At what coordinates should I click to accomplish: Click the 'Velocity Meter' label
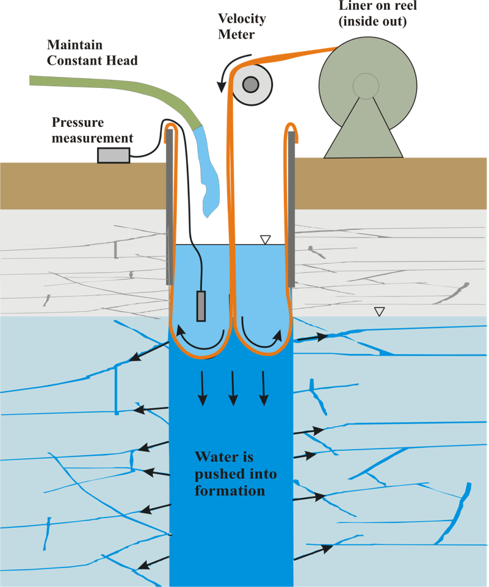(242, 26)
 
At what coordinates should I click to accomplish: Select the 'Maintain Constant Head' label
(92, 52)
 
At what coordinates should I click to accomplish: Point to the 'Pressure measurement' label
(92, 129)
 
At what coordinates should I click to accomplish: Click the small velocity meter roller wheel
(250, 85)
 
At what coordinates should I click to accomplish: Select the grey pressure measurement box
(114, 156)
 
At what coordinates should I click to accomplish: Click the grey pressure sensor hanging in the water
(201, 306)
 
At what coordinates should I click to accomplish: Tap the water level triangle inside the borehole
(264, 240)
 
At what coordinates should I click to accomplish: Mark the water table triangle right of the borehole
(380, 312)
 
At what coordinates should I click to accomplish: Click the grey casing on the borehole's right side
(292, 207)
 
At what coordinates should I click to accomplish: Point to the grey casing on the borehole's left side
(169, 207)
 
